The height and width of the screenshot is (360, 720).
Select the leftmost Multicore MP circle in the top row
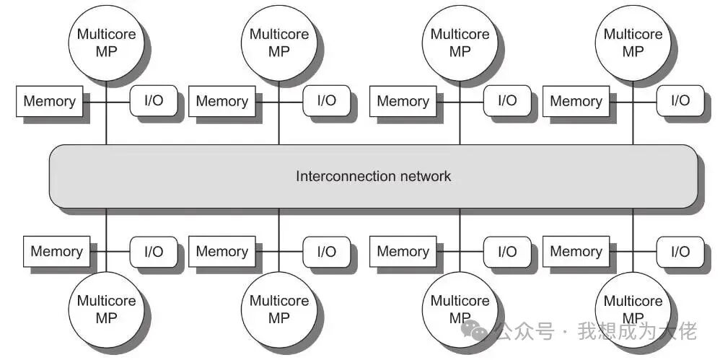pyautogui.click(x=106, y=43)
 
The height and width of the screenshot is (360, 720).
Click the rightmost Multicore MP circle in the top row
pyautogui.click(x=633, y=43)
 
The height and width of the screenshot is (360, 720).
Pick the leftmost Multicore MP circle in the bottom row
pyautogui.click(x=106, y=309)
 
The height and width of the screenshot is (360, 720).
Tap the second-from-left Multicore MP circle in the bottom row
pyautogui.click(x=279, y=309)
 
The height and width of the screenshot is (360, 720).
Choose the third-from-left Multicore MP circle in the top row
pyautogui.click(x=460, y=43)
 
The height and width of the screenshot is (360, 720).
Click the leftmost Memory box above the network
pyautogui.click(x=49, y=101)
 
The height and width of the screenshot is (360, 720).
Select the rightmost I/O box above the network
pyautogui.click(x=680, y=100)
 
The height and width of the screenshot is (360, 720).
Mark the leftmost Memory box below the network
pyautogui.click(x=56, y=252)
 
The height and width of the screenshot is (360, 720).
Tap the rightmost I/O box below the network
pyautogui.click(x=680, y=252)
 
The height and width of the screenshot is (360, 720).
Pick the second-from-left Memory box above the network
pyautogui.click(x=221, y=101)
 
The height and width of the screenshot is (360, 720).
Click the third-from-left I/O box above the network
pyautogui.click(x=507, y=100)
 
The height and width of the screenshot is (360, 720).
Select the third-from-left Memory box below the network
pyautogui.click(x=403, y=252)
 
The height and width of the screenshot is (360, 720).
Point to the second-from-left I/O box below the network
pyautogui.click(x=327, y=252)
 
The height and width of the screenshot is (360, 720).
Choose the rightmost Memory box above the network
pyautogui.click(x=576, y=101)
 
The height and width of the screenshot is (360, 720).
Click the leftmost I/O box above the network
pyautogui.click(x=154, y=100)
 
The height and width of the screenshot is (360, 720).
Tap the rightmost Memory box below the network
pyautogui.click(x=576, y=252)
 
